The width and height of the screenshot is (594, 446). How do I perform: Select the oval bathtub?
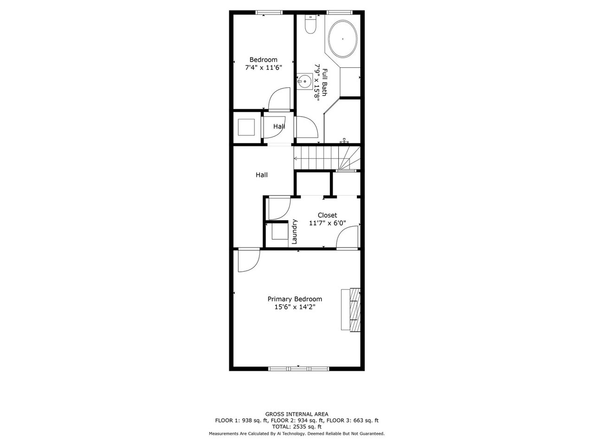point(342,39)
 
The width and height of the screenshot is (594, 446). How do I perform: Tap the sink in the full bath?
point(304,81)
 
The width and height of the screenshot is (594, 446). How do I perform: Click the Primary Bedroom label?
point(295,299)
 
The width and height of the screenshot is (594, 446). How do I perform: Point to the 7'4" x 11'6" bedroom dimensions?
point(263,67)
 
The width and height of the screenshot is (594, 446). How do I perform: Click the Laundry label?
point(295,231)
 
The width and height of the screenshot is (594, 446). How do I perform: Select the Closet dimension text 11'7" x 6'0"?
point(328,223)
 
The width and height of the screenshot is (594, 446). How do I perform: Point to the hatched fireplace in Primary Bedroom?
point(355,309)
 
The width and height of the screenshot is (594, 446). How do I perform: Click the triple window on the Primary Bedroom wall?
point(298,368)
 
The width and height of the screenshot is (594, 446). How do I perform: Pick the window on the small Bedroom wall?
point(269,12)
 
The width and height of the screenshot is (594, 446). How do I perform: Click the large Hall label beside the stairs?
point(262,175)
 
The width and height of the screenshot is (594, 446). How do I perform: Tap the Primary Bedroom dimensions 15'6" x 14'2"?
point(295,307)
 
